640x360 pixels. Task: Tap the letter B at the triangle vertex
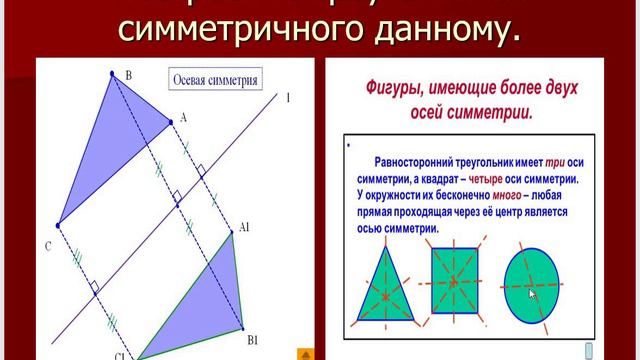(x=128, y=75)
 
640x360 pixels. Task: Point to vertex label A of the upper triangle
(x=183, y=118)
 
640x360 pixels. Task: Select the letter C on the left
(x=47, y=245)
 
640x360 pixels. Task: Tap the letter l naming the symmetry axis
(x=287, y=97)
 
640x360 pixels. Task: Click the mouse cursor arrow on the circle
(x=533, y=294)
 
